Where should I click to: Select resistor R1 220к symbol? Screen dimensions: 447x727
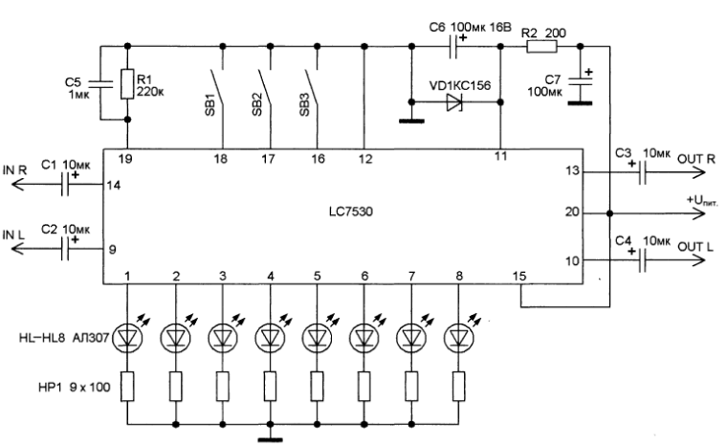127,86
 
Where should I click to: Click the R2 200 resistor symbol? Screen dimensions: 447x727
542,45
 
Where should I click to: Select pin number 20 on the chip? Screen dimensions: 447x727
572,212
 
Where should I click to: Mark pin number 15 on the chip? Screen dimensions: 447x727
519,276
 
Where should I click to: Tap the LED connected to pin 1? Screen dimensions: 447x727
128,337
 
